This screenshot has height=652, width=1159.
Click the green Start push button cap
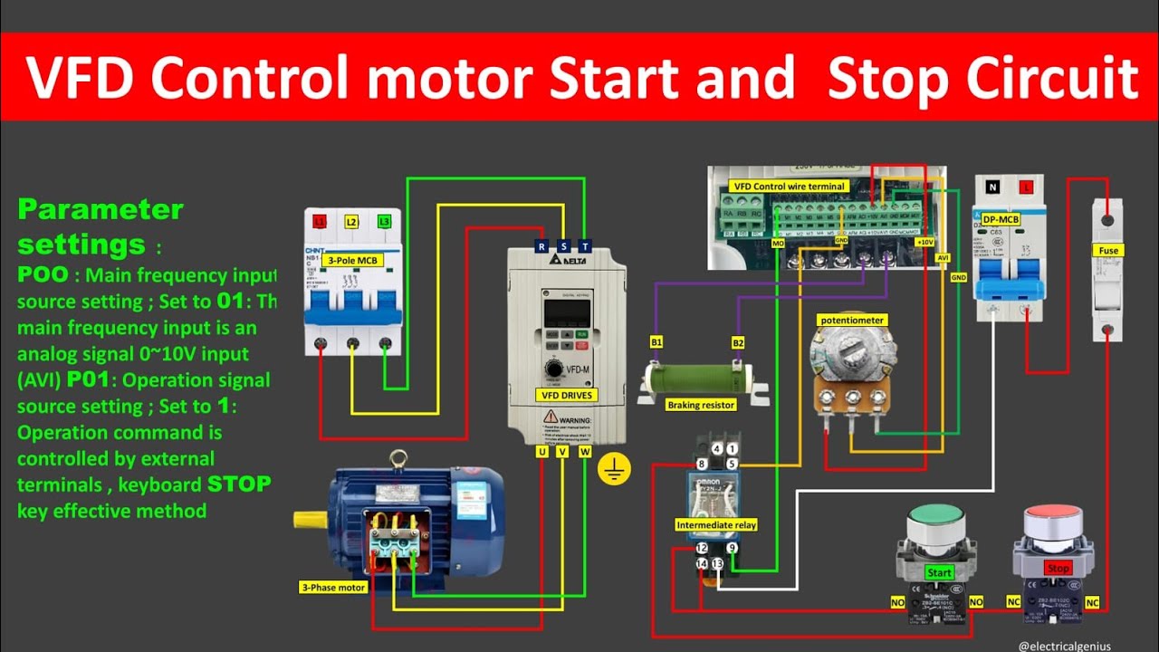(937, 521)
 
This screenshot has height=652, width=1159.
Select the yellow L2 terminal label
(352, 221)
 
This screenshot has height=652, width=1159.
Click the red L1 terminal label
(319, 221)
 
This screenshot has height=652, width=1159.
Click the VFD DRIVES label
(566, 395)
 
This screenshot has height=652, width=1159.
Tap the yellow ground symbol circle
(615, 469)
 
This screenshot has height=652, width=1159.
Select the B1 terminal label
(656, 342)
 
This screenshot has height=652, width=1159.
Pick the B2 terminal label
(738, 342)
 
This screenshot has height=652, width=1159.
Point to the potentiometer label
(851, 320)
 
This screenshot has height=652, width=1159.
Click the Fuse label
(1107, 250)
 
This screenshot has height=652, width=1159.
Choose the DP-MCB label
(1001, 219)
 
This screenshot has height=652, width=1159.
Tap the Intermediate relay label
(715, 525)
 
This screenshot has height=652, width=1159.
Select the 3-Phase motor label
(332, 588)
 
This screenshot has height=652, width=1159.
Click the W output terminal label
(585, 451)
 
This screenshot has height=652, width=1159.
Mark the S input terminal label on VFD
(563, 246)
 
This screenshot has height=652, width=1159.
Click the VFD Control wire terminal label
(789, 187)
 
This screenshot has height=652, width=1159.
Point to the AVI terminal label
(943, 257)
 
